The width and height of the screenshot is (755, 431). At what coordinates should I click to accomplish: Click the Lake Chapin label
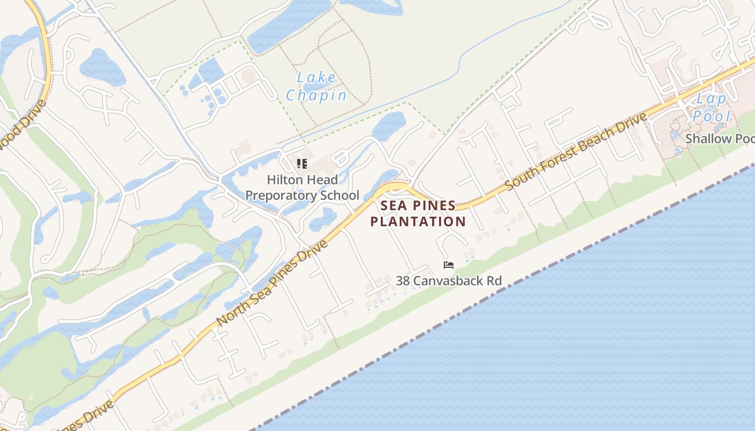click(317, 86)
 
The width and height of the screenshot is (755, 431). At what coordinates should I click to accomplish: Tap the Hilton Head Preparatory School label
click(302, 187)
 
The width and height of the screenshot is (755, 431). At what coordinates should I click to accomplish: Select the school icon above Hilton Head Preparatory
click(302, 163)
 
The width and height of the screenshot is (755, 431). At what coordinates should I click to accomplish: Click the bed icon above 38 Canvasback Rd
click(448, 265)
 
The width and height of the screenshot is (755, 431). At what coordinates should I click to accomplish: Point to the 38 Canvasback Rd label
click(449, 281)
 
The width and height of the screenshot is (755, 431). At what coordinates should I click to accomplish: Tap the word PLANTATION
click(418, 221)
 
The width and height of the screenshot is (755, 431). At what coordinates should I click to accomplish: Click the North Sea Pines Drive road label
click(272, 283)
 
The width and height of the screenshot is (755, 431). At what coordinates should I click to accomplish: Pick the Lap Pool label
click(712, 107)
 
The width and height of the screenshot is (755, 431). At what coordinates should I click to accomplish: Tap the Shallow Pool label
click(719, 139)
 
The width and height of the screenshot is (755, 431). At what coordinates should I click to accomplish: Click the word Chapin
click(317, 95)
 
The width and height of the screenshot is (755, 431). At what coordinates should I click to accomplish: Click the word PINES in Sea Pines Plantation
click(435, 205)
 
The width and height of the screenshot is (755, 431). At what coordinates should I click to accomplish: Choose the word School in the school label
click(340, 195)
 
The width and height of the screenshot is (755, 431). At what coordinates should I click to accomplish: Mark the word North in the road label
click(229, 314)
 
